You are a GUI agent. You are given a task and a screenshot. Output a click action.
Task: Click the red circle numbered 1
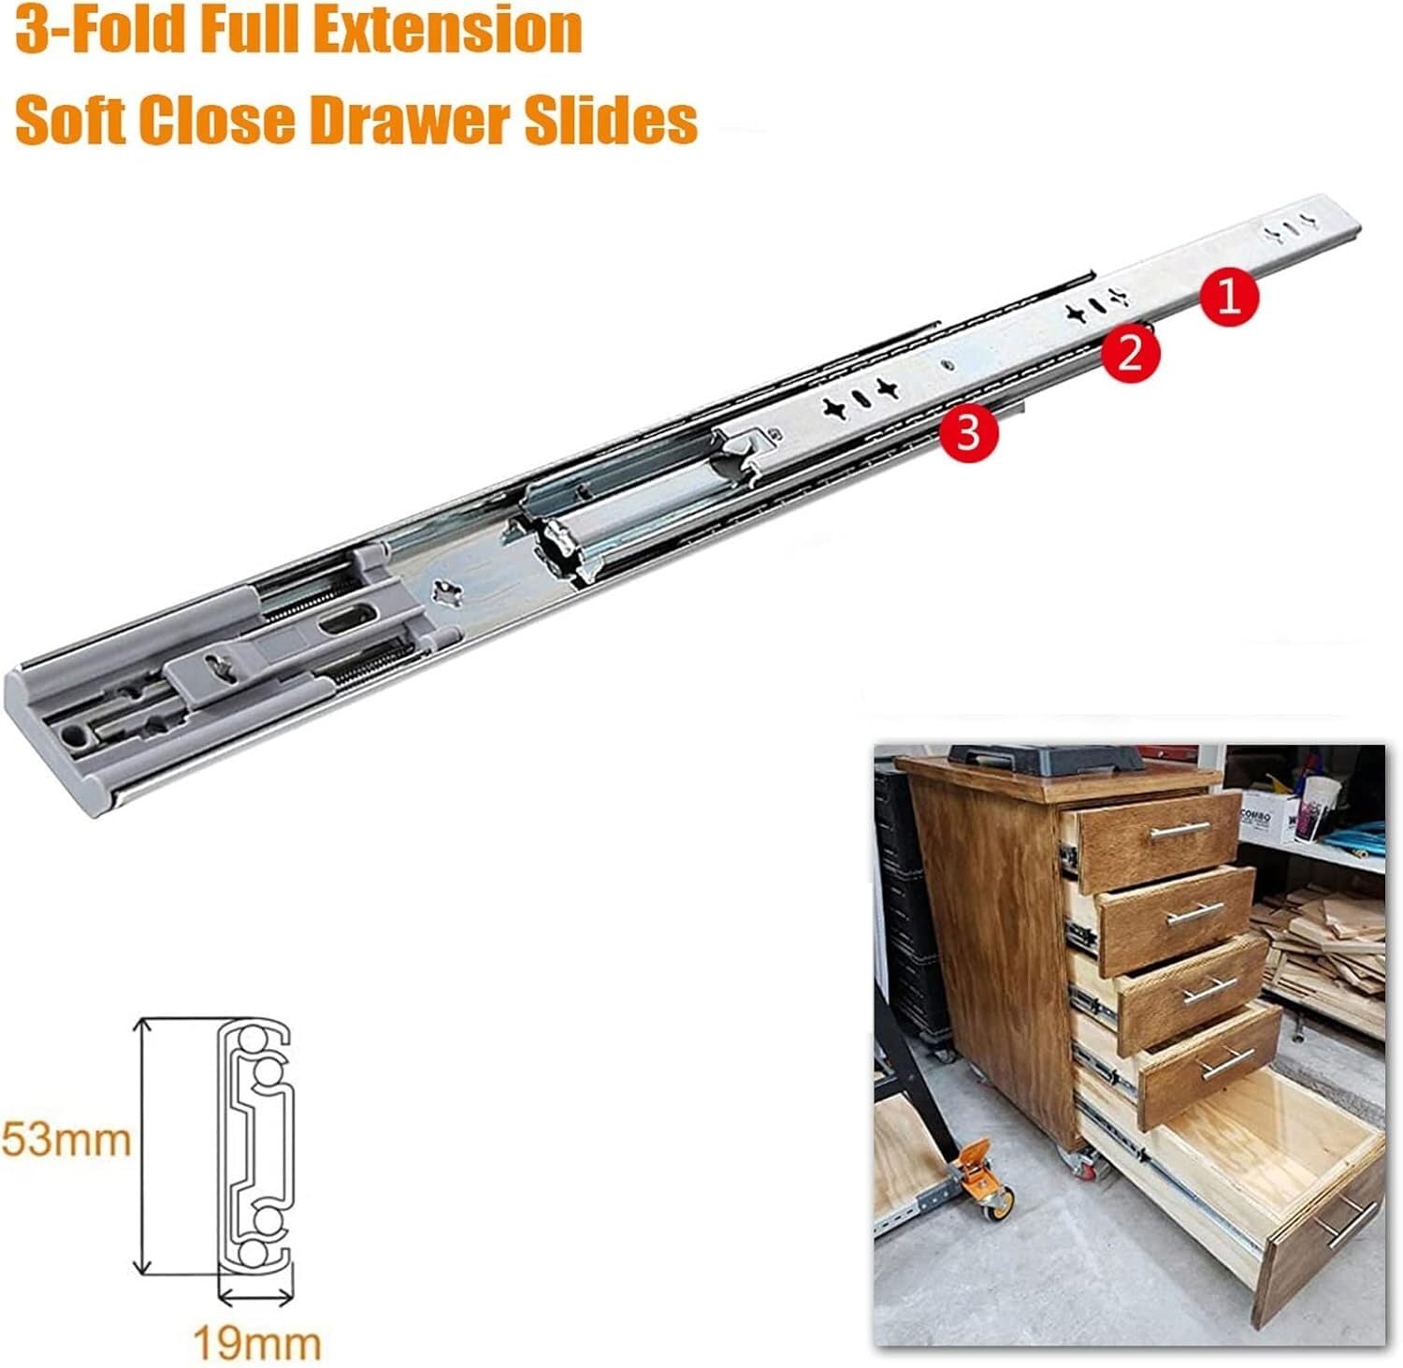tap(1230, 297)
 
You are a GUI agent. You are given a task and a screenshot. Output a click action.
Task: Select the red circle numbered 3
tap(969, 432)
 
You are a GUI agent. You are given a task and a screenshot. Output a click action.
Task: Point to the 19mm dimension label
tap(256, 1343)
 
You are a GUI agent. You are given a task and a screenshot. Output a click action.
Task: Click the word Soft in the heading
tap(73, 122)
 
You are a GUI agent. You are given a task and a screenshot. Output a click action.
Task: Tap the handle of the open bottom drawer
tap(1345, 1218)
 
